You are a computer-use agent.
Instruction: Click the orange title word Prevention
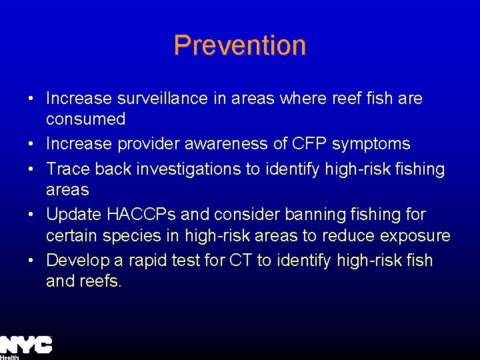click(x=239, y=45)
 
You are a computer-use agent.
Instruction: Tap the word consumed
click(x=85, y=119)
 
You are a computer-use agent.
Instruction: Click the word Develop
click(x=73, y=260)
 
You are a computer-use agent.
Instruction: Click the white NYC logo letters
click(x=26, y=345)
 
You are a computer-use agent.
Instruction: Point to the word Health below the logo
click(x=9, y=357)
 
